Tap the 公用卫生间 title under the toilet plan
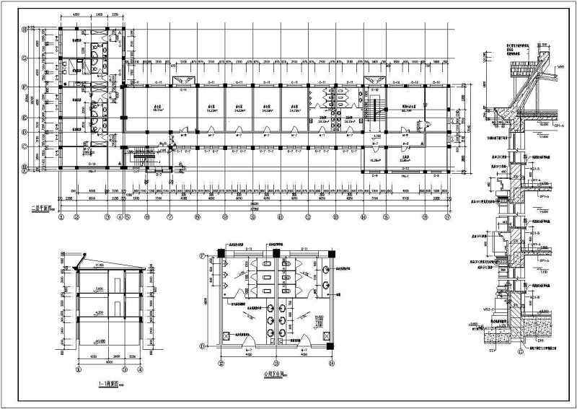point(274,374)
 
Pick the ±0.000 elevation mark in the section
point(94,341)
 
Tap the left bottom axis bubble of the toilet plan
point(216,363)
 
